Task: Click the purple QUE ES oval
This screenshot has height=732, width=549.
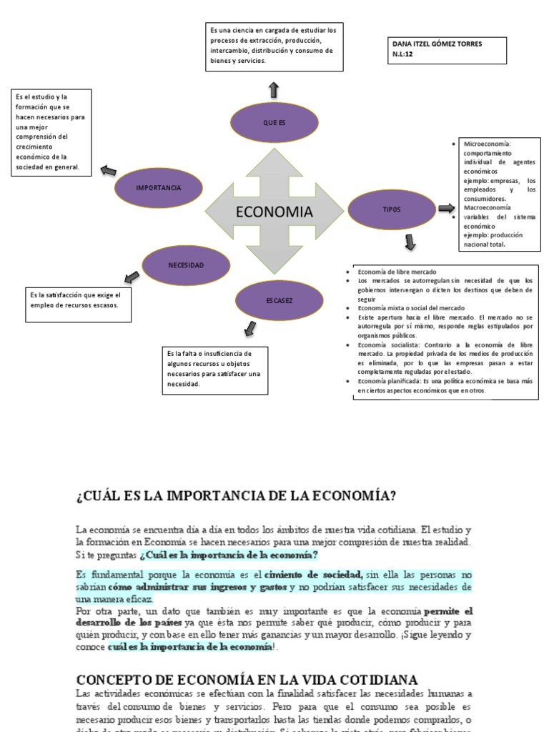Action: (274, 123)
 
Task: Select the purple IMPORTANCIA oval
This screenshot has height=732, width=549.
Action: (158, 187)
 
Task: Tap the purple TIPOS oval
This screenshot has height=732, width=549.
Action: (392, 209)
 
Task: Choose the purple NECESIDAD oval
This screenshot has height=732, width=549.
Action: (186, 265)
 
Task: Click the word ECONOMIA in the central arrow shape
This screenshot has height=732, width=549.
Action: (274, 212)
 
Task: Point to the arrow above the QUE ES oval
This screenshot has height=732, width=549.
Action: (274, 89)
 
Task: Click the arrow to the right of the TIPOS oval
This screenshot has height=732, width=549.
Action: (446, 209)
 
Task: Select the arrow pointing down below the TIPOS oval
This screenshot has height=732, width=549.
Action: (410, 242)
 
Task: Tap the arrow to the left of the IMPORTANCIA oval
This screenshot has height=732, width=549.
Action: (108, 171)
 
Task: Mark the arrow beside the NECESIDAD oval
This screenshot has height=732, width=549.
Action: (132, 277)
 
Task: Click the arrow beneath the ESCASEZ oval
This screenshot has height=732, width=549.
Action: (249, 328)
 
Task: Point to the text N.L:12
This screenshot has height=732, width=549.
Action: (403, 54)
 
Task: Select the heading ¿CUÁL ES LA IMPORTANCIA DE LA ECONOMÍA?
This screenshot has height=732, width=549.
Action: (237, 495)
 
